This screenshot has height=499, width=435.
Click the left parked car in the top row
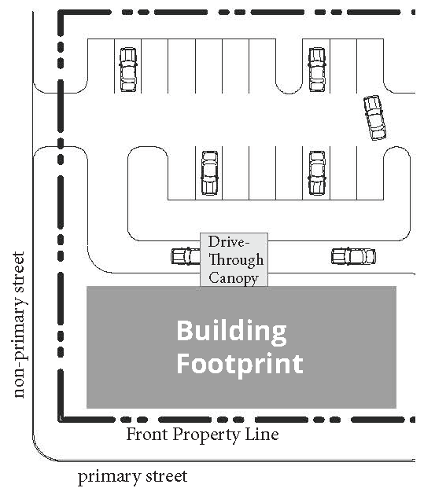pyautogui.click(x=127, y=69)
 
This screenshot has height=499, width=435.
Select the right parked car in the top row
pyautogui.click(x=316, y=69)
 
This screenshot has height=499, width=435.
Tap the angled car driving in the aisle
pyautogui.click(x=374, y=117)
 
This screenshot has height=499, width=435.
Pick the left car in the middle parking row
pyautogui.click(x=208, y=173)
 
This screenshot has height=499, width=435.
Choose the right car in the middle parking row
pyautogui.click(x=316, y=173)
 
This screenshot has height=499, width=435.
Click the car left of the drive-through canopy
pyautogui.click(x=186, y=256)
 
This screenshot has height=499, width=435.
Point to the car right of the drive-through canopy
pyautogui.click(x=353, y=256)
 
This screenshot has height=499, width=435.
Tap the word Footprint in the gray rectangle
pyautogui.click(x=239, y=364)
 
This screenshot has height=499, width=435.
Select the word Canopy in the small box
pyautogui.click(x=234, y=277)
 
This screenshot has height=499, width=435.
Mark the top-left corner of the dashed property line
pyautogui.click(x=60, y=14)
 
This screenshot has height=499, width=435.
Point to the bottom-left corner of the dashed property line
pyautogui.click(x=60, y=419)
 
